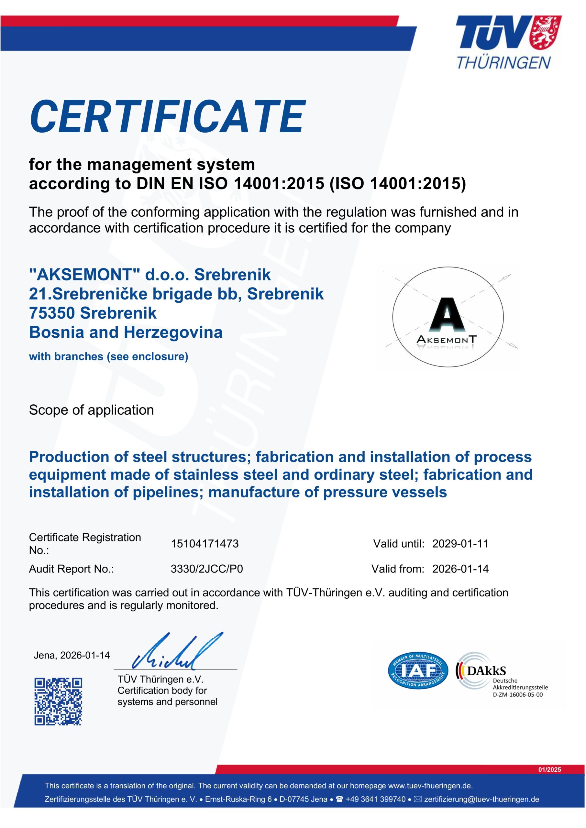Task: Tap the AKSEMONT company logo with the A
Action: [x=448, y=317]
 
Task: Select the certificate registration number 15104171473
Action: [x=205, y=543]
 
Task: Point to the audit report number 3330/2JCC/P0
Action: [x=207, y=569]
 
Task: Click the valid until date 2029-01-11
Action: [x=460, y=543]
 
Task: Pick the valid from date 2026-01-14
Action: [x=460, y=569]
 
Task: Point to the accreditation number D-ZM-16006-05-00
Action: [x=517, y=694]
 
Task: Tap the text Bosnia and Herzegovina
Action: [x=126, y=332]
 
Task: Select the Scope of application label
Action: [x=91, y=410]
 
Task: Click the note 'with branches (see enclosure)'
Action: [x=109, y=357]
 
